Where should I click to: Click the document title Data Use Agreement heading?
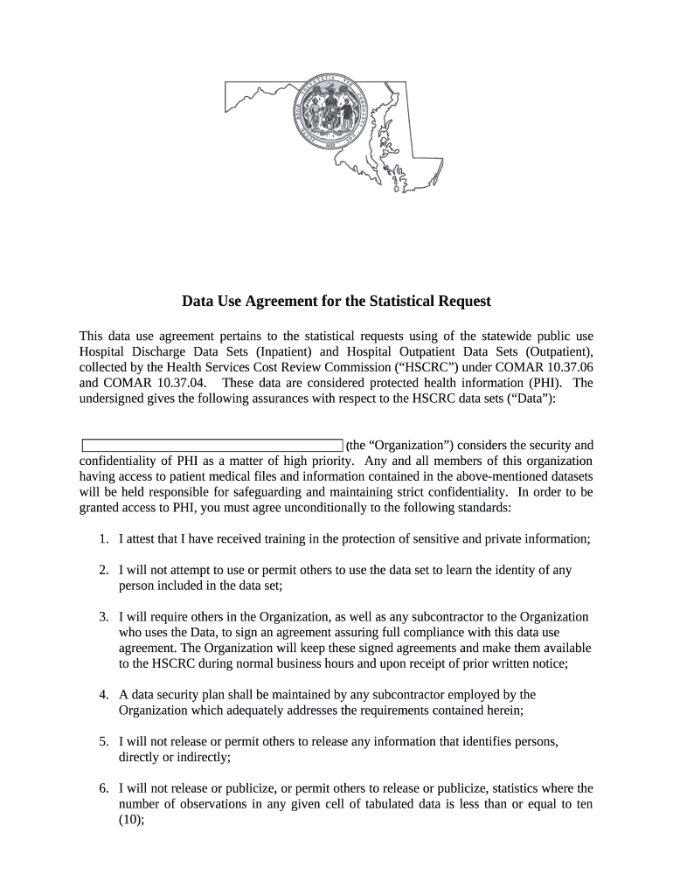click(336, 302)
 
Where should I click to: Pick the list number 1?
click(103, 539)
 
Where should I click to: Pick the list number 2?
click(103, 570)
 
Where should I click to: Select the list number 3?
click(103, 617)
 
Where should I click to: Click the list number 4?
click(103, 695)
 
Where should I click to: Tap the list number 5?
click(103, 741)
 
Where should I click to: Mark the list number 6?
click(103, 787)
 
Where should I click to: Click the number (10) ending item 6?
click(131, 820)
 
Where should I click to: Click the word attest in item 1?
click(142, 539)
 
